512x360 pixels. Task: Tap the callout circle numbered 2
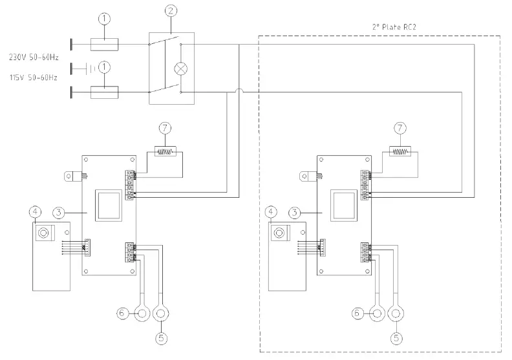tap(171, 10)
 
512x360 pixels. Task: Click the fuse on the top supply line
tap(104, 44)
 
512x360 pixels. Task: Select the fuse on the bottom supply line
tap(104, 93)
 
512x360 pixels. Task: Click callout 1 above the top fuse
tap(104, 19)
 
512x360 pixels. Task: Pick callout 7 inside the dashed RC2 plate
tap(401, 128)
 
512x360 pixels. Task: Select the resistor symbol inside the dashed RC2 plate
tap(401, 153)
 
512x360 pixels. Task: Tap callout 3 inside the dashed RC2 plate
tap(294, 211)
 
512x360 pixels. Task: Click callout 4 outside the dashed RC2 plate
tap(34, 211)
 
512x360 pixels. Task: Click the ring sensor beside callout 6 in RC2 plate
tap(376, 313)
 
